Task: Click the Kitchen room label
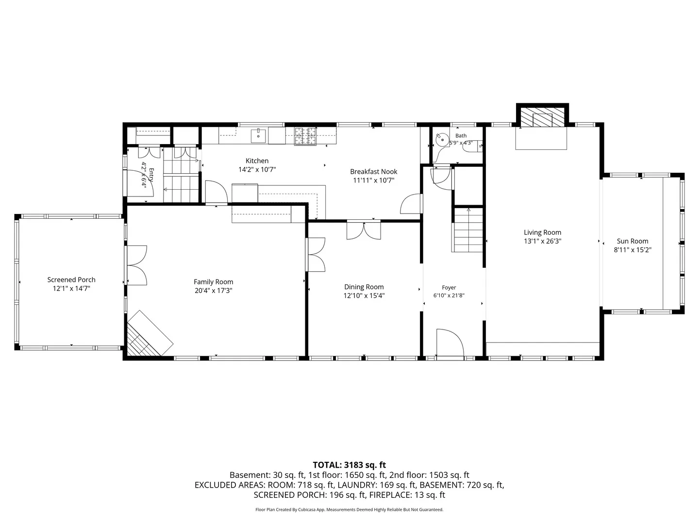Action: [257, 161]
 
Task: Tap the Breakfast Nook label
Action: [374, 171]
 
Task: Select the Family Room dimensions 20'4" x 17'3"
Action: [214, 291]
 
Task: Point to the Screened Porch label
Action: [71, 279]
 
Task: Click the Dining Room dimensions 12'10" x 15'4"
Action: [364, 295]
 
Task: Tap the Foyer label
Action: [449, 288]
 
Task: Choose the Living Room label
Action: [542, 232]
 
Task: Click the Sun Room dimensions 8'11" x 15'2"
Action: [632, 250]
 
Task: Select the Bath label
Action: [461, 135]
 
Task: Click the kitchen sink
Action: [258, 136]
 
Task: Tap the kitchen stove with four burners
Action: [305, 136]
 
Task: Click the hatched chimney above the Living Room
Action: [542, 117]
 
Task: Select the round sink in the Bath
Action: [442, 140]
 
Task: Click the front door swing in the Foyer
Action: [449, 343]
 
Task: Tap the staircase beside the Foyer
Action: [468, 230]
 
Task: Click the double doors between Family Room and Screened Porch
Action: [137, 265]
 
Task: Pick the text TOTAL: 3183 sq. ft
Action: [349, 465]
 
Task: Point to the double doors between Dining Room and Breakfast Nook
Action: [364, 230]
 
